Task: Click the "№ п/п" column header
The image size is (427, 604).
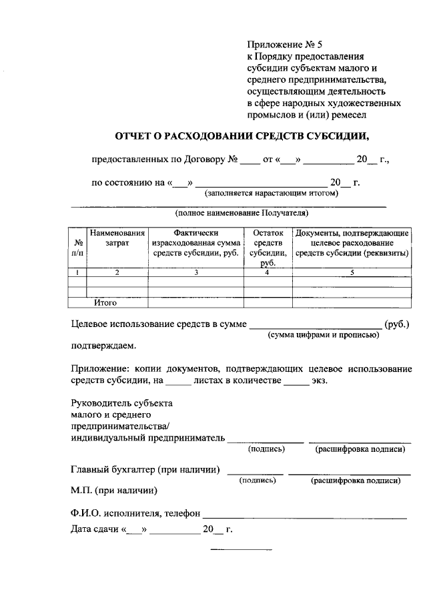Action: point(78,248)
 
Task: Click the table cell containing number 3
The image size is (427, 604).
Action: point(196,272)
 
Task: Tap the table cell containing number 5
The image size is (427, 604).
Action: point(352,272)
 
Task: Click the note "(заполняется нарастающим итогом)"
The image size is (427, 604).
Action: point(272,194)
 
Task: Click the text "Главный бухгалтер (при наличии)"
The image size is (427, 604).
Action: point(146,470)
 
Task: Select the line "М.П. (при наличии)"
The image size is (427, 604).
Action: point(114,491)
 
